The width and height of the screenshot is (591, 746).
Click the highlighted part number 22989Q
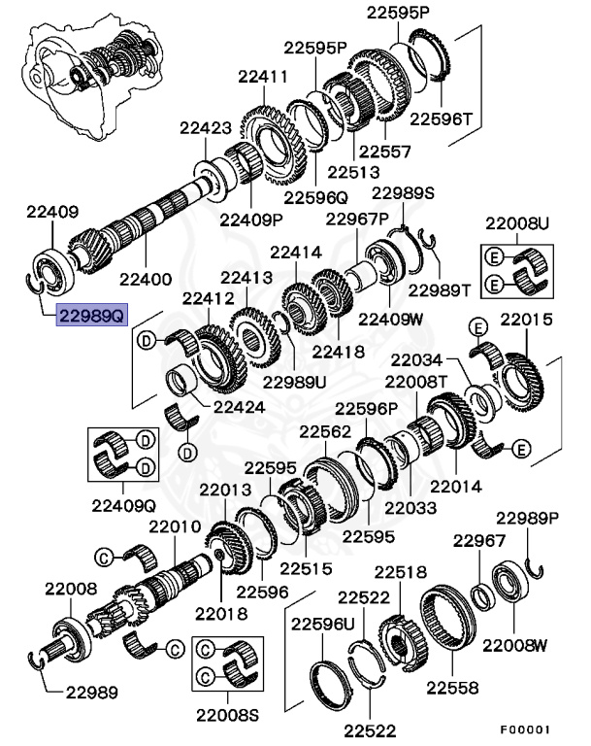point(90,316)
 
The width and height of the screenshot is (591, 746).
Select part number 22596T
point(441,119)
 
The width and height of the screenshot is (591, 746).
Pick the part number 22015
point(526,320)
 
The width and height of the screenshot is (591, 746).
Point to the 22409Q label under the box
point(123,504)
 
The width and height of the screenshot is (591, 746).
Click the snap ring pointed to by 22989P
point(533,570)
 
